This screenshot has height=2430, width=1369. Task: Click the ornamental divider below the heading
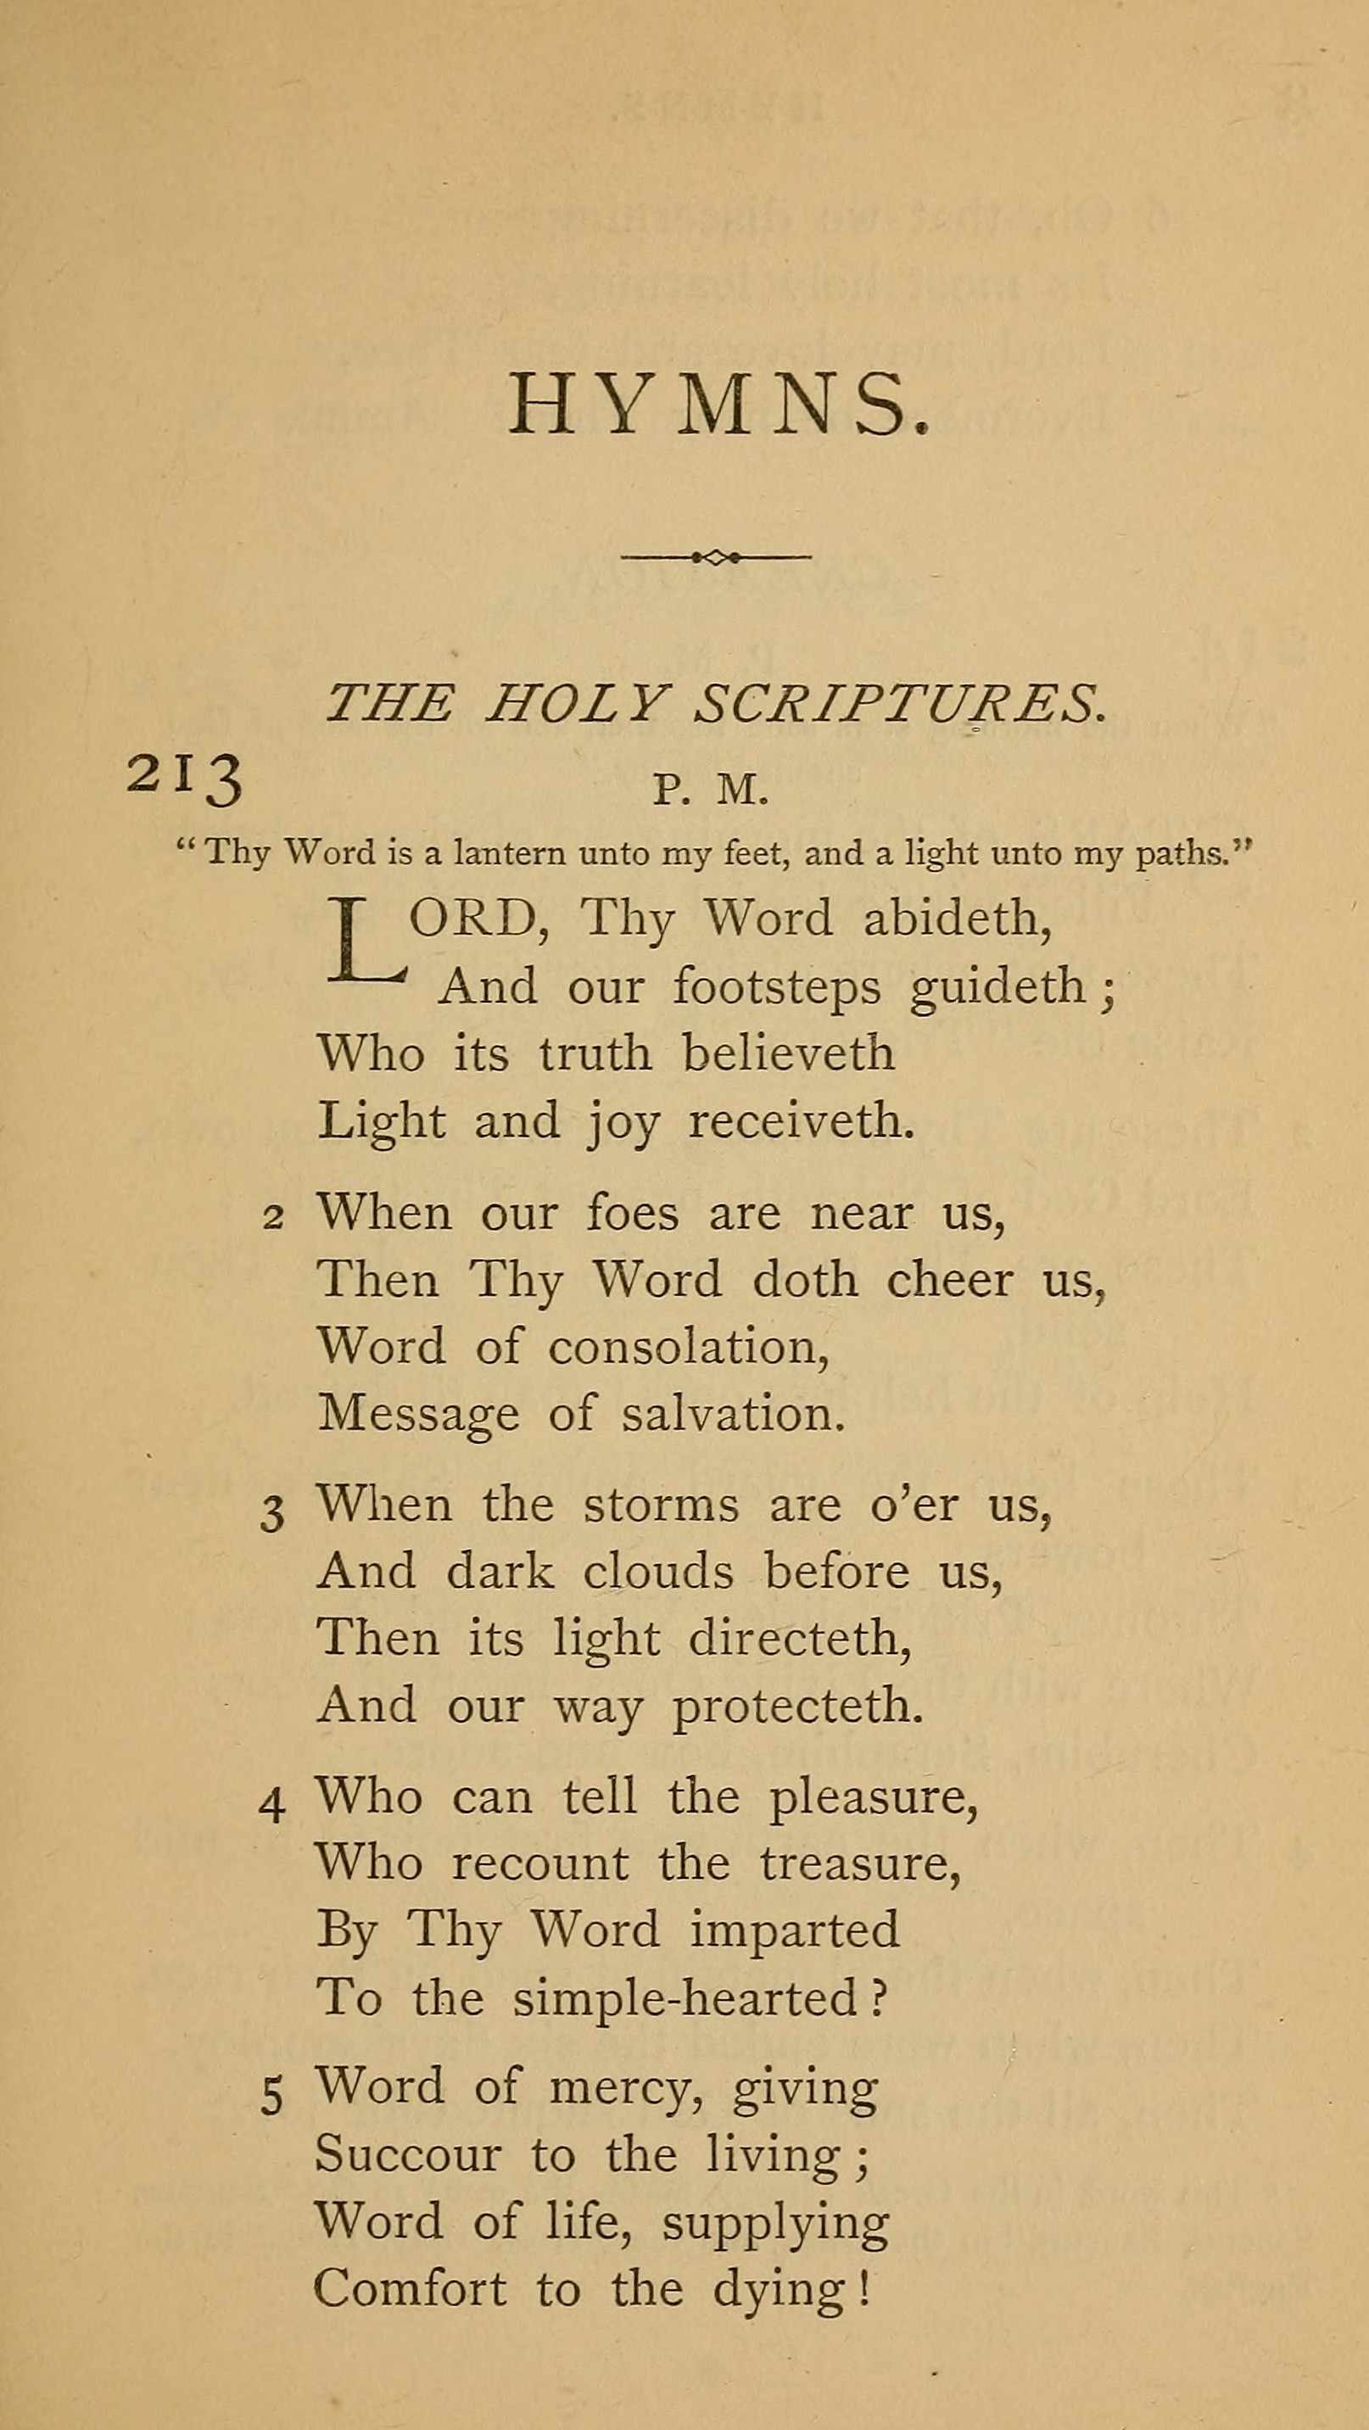coord(715,556)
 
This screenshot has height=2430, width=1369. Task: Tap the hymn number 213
coord(185,780)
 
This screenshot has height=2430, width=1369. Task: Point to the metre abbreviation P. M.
coord(712,790)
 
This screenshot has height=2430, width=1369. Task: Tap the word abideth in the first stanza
coord(957,918)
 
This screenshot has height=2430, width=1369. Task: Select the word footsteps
coord(776,986)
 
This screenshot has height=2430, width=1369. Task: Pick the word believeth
coord(788,1053)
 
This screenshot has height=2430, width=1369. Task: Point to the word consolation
coord(688,1346)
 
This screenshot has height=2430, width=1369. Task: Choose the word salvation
coord(732,1413)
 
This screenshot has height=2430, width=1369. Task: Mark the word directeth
coord(800,1638)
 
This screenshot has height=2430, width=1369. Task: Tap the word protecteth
coord(797,1707)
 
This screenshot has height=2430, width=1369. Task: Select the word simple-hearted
coord(685,1999)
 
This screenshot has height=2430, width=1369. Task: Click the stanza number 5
coord(271,2099)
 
